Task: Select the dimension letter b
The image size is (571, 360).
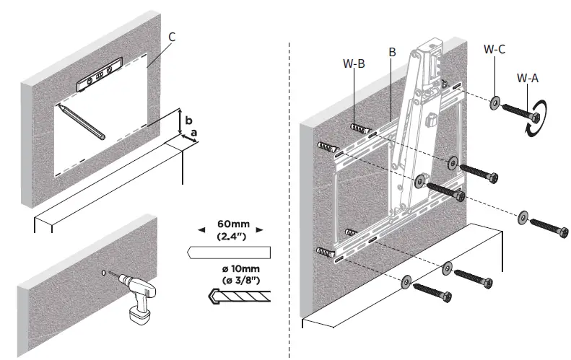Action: click(188, 119)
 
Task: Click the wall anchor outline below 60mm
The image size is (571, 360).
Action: click(227, 253)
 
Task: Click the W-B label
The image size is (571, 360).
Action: click(354, 63)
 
